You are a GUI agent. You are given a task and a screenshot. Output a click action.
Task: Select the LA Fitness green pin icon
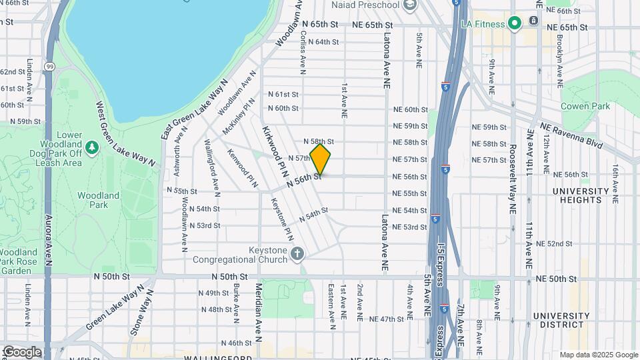pos(514,25)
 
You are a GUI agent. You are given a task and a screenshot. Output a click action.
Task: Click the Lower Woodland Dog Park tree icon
pos(91,146)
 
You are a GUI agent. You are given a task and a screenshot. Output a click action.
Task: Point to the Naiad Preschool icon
pos(410,5)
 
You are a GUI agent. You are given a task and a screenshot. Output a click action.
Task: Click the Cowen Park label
pos(585,106)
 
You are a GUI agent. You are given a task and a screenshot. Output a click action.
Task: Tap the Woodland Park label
pos(98,200)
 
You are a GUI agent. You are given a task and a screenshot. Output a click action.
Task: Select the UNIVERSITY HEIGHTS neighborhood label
pos(581,195)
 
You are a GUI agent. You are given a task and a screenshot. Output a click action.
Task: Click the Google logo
pos(21,351)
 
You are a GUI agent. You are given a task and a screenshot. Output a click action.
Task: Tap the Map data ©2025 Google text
pos(598,355)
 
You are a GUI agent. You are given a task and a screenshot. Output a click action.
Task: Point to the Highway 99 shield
pos(50,65)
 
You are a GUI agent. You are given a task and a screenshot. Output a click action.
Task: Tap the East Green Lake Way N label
pos(194,109)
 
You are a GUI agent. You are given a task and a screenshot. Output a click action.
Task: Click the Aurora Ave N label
pos(48,240)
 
